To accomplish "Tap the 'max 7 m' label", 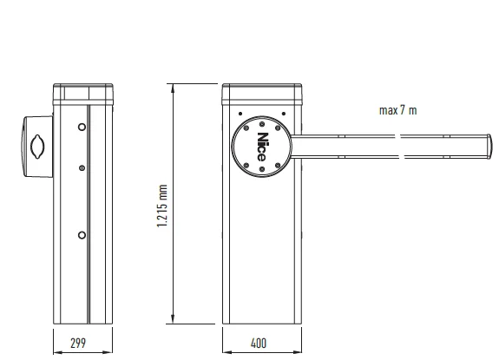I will point(397,109).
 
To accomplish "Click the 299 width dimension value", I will point(79,343).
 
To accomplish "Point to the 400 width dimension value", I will point(259,343).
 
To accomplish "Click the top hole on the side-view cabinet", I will point(82,127).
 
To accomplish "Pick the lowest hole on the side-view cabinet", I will point(82,234).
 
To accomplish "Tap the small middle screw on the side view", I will point(82,168).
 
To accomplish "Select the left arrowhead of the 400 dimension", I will point(225,352).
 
